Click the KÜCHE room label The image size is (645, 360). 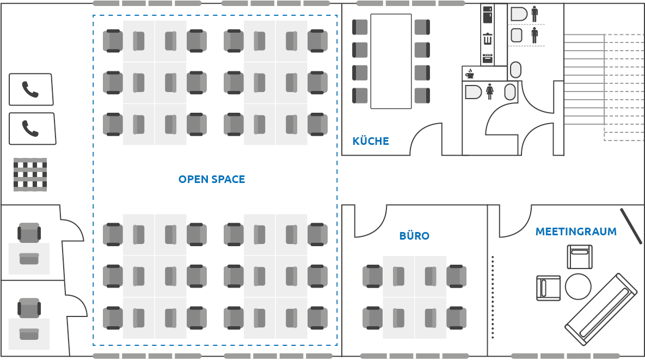click(x=371, y=142)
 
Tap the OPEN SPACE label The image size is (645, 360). click(x=212, y=179)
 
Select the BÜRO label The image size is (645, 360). click(x=414, y=236)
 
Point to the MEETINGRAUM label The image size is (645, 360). click(x=576, y=231)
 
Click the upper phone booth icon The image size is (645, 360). click(x=31, y=89)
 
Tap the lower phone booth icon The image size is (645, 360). click(x=32, y=129)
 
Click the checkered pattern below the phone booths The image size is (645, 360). click(x=30, y=175)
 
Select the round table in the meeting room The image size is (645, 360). click(x=578, y=286)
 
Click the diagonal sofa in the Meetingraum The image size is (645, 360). click(x=601, y=309)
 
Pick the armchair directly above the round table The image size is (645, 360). click(x=580, y=257)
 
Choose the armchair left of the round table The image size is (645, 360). click(x=548, y=288)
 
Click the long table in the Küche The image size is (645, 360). click(x=391, y=62)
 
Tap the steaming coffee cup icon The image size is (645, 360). click(x=470, y=74)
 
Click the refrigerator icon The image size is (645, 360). click(x=487, y=15)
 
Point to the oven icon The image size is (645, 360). click(x=487, y=58)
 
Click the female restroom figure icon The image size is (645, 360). click(x=489, y=91)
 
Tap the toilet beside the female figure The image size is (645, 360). click(x=473, y=91)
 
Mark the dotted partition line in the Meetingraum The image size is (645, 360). click(x=493, y=297)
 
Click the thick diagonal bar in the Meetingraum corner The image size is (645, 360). click(x=631, y=226)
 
